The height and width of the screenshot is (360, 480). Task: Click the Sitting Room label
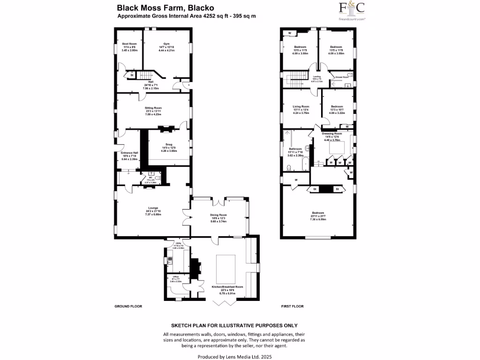pos(153,108)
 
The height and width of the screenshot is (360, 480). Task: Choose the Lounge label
pos(153,208)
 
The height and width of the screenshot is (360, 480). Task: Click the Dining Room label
pos(218,215)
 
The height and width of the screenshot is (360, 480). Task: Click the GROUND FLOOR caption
pos(128,306)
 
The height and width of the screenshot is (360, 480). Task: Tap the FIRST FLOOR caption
pos(292,306)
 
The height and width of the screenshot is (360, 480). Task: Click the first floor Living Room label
pos(301,106)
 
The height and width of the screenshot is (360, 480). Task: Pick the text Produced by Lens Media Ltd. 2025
pos(234,357)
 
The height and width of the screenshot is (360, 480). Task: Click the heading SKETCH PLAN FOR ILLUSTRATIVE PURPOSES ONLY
pos(234,325)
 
